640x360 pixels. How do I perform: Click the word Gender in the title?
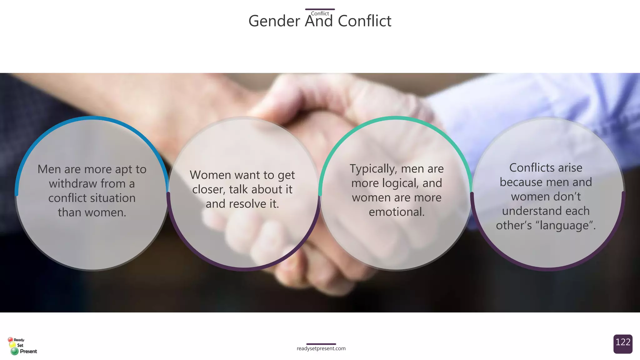coord(274,22)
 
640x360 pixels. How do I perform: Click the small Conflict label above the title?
coord(320,13)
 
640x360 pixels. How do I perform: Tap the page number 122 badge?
coord(623,343)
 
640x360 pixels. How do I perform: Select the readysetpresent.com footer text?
coord(321,348)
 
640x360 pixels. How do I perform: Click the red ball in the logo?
coord(10,340)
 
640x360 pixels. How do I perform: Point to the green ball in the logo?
coord(14,351)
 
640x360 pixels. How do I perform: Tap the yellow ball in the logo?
coord(12,345)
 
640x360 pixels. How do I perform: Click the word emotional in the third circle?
coord(397,212)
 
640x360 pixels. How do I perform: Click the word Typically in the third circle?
coord(373,169)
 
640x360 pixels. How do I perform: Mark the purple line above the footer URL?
coord(321,344)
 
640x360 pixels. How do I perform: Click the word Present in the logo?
coord(28,351)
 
